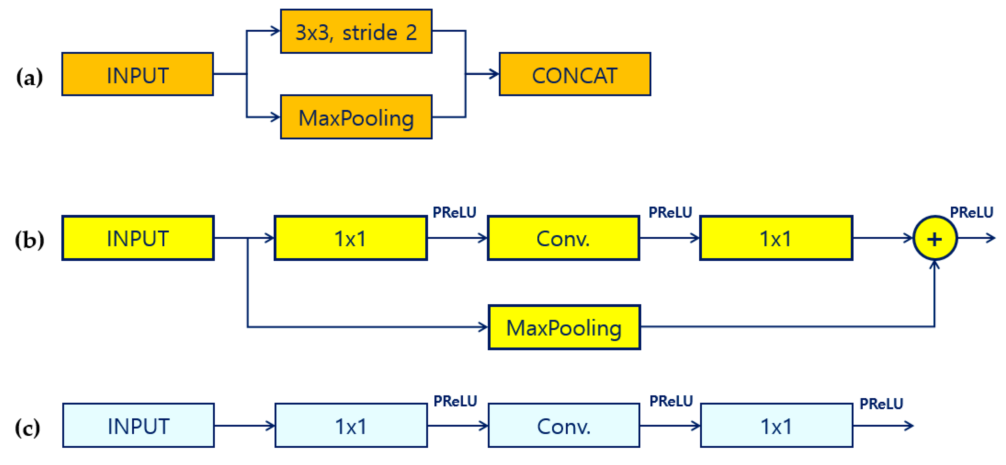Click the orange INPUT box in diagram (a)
137,74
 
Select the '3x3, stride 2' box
356,31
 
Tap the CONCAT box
575,74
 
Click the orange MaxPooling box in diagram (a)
356,117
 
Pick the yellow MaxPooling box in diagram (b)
564,327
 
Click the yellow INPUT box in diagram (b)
137,238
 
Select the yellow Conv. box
563,238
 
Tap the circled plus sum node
935,238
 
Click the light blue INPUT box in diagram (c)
138,425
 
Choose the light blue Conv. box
564,425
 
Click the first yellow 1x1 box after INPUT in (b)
350,238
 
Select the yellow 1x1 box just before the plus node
776,238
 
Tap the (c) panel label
27,428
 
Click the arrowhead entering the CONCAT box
494,74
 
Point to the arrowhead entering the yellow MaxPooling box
483,327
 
